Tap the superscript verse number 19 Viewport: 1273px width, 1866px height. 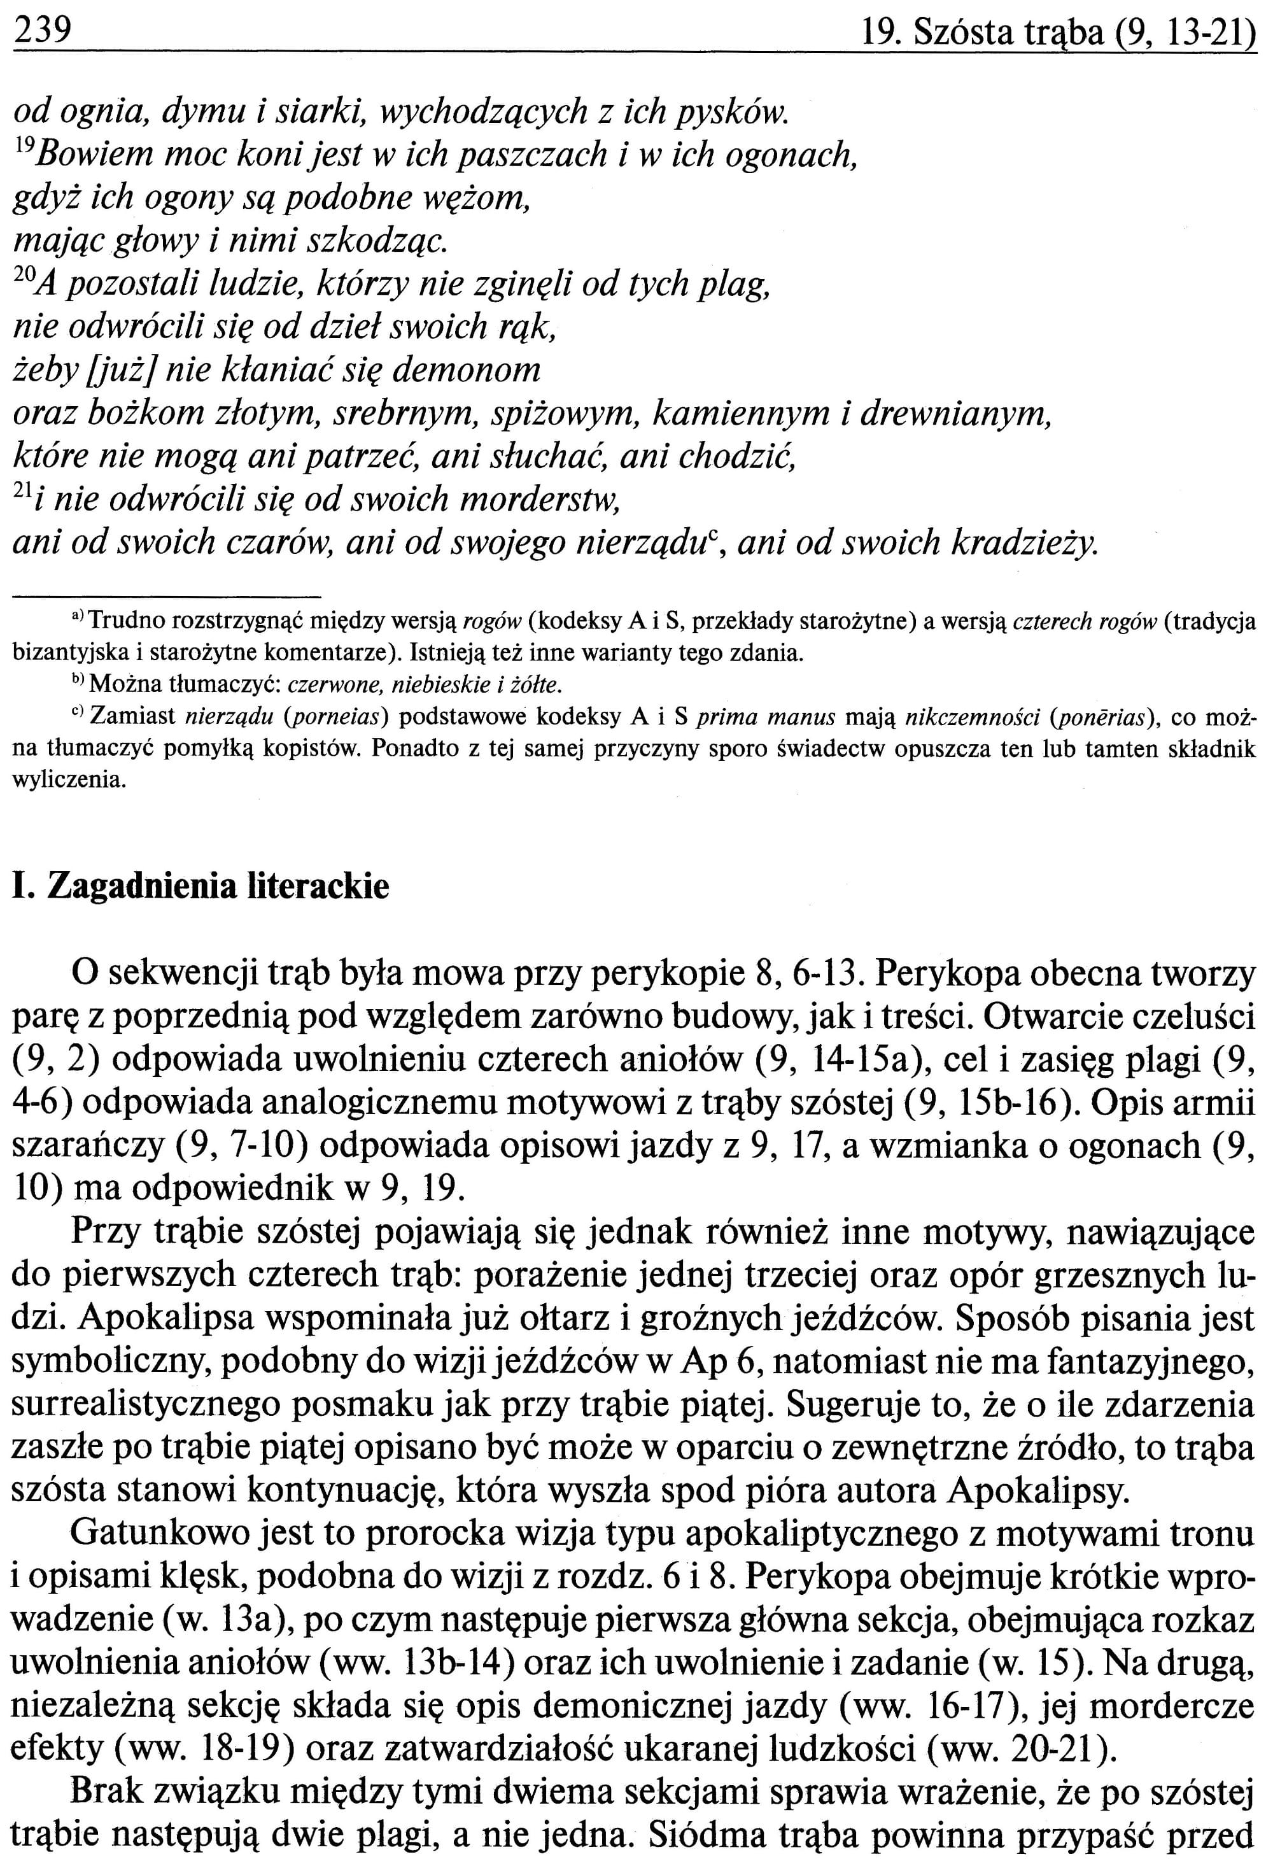[x=24, y=147]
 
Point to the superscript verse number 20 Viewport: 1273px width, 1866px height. [x=24, y=277]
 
